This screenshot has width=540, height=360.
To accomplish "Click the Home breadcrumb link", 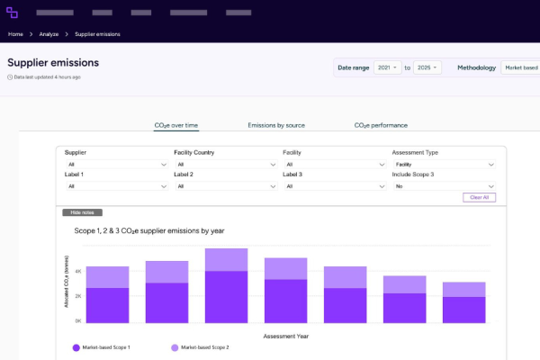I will tap(15, 34).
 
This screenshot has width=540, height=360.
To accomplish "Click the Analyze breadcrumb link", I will tap(49, 34).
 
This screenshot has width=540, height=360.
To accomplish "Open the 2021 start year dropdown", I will tap(388, 67).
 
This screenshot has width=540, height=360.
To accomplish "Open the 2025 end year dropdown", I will tap(427, 67).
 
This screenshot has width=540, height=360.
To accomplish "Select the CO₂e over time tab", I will tap(176, 125).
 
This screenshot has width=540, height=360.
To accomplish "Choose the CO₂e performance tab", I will tap(381, 125).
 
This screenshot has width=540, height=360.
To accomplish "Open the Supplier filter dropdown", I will tap(116, 165).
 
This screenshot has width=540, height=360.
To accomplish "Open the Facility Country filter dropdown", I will tap(225, 165).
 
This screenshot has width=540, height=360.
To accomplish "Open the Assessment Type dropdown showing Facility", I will tap(443, 165).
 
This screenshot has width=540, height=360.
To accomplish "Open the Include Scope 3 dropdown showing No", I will tap(443, 186).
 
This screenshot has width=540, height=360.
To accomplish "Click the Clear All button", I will tap(479, 197).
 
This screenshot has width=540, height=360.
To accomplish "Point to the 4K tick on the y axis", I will tap(78, 271).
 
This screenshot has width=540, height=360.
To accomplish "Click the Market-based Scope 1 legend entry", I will tap(103, 346).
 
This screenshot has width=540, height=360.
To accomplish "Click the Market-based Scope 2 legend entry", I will tap(203, 346).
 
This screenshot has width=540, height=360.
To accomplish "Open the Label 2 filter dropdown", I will tap(225, 186).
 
